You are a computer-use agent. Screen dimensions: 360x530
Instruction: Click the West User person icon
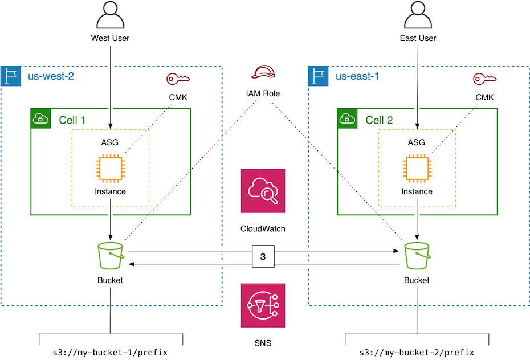click(110, 15)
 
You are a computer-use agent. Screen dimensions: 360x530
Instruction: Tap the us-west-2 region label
click(51, 76)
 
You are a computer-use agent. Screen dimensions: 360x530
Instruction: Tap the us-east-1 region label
click(357, 76)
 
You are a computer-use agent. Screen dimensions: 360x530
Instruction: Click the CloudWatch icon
click(263, 191)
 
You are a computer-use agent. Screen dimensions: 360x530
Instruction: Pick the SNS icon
click(263, 306)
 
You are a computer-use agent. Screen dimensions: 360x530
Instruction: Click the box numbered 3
click(263, 257)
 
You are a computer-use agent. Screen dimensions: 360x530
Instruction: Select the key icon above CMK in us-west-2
click(177, 79)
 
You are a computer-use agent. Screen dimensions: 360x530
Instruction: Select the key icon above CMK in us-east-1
click(484, 79)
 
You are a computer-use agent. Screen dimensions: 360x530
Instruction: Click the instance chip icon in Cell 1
click(110, 169)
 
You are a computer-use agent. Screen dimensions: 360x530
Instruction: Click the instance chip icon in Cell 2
click(417, 169)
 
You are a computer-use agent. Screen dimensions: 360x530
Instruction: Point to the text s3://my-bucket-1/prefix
click(110, 353)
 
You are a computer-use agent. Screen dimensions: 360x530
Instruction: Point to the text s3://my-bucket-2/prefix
click(417, 353)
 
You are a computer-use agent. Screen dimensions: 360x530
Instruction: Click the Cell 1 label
click(72, 120)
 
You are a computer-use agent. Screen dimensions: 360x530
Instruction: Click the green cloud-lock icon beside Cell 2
click(346, 118)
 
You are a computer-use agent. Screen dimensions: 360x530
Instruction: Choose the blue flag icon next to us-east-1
click(317, 76)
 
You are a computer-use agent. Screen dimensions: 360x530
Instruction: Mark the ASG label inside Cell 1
click(110, 142)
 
